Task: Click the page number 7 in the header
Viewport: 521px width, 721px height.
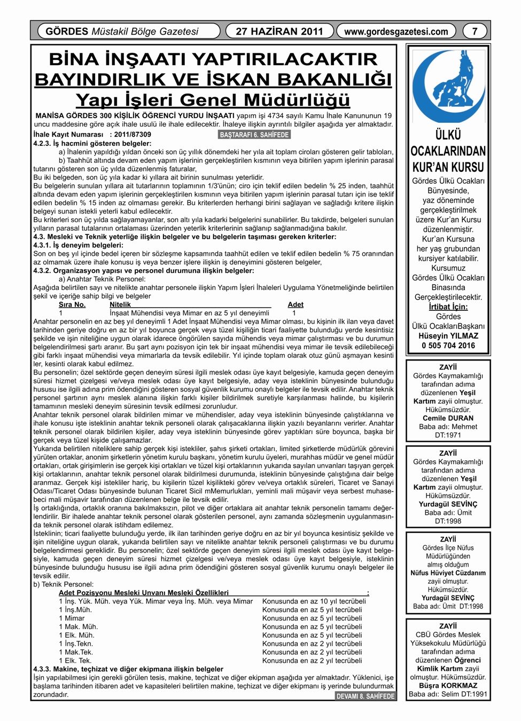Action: click(x=475, y=32)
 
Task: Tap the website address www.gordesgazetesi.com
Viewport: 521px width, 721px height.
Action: click(x=396, y=32)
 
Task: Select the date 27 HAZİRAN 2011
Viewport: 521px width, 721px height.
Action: click(x=279, y=32)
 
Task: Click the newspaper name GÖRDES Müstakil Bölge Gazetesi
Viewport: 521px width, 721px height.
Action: click(x=122, y=32)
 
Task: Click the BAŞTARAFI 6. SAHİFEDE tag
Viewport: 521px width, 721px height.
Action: click(x=254, y=135)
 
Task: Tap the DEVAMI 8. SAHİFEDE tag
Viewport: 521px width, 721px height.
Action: click(x=366, y=696)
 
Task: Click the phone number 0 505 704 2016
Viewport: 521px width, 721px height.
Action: click(x=448, y=346)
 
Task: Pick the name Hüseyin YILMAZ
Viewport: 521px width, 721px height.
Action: click(x=448, y=336)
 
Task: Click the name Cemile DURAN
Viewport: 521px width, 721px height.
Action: click(x=448, y=418)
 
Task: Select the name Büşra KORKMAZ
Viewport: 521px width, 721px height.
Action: click(x=448, y=685)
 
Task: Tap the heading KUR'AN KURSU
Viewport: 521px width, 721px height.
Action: click(x=448, y=167)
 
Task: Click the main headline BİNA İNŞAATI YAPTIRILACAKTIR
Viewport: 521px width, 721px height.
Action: click(x=213, y=59)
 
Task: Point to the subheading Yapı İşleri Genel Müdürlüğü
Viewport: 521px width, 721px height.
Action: click(x=213, y=100)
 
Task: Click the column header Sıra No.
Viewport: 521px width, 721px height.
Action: click(x=72, y=304)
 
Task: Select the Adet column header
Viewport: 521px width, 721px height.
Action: click(x=296, y=304)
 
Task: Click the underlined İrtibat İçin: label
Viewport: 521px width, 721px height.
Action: click(x=448, y=307)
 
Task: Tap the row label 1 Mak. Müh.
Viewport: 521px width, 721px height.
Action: click(x=79, y=626)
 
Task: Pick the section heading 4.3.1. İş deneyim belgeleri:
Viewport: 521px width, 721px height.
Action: click(x=78, y=245)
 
